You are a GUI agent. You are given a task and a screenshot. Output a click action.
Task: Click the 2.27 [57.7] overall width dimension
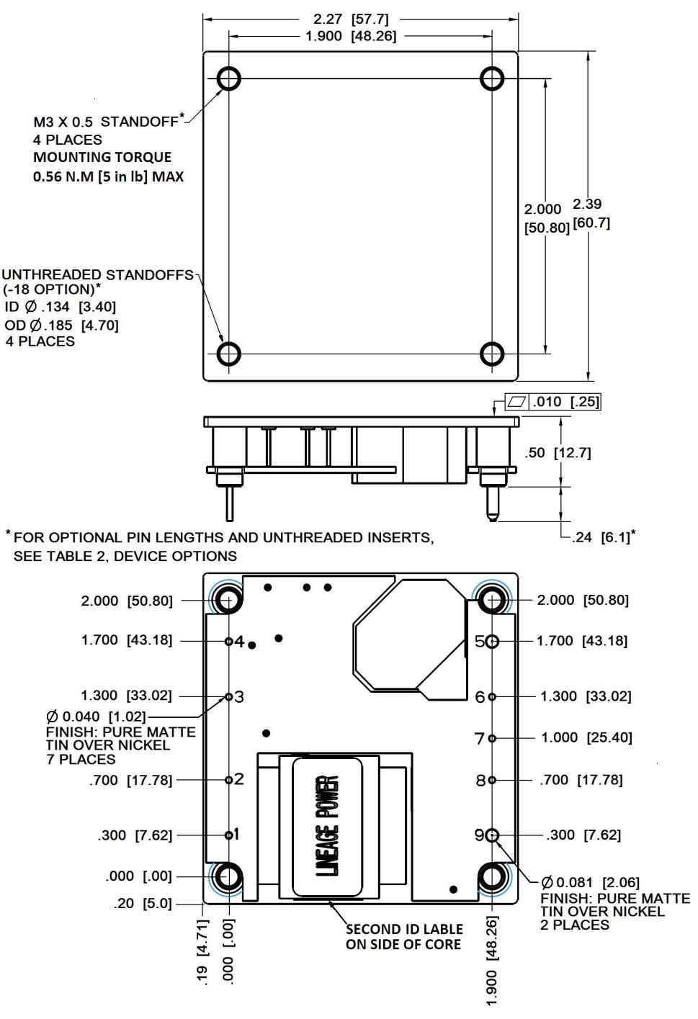point(351,19)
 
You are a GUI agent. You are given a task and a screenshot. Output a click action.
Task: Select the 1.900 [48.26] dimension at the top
point(351,36)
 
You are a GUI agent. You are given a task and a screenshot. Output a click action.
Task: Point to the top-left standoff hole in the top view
point(228,78)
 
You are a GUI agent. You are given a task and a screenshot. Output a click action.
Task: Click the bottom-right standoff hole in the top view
point(492,354)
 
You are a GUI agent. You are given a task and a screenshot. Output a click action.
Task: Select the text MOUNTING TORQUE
point(102,157)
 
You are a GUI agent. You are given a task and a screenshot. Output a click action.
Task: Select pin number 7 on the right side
point(492,738)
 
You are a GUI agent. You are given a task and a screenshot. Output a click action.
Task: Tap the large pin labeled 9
point(492,835)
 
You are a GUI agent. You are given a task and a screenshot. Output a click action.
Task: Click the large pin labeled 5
point(492,641)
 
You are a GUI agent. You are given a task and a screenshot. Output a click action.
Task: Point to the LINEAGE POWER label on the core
point(327,825)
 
